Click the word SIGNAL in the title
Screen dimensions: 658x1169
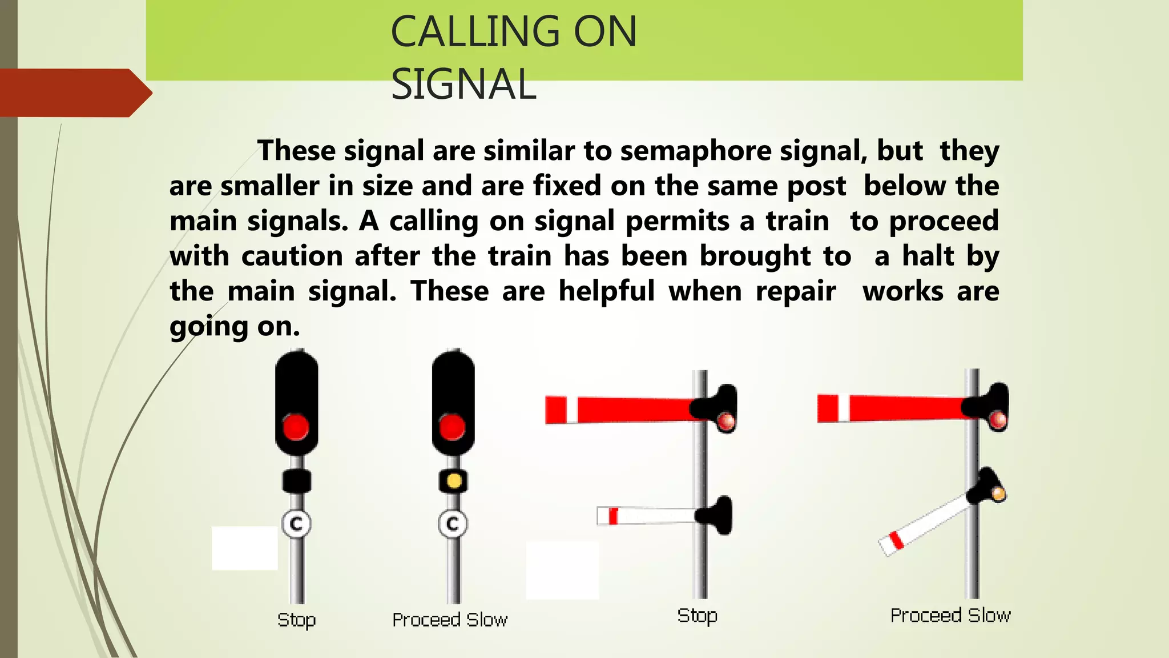pos(463,85)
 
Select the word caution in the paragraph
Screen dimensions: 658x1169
pos(292,256)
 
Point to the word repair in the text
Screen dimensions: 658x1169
pos(796,291)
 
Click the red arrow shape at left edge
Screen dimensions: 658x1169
pos(74,93)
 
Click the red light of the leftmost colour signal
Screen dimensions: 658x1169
pos(296,427)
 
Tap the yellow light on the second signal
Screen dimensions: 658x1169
pos(454,481)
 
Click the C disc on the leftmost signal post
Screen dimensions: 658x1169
pos(297,523)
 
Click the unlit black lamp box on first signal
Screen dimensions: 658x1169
pos(297,481)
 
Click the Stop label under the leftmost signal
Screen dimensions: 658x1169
pos(296,620)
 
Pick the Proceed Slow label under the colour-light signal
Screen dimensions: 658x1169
pos(450,620)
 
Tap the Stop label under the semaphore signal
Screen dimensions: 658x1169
pos(697,616)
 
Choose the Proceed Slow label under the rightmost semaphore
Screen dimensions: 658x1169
pos(950,616)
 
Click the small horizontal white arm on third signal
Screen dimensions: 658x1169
pos(648,516)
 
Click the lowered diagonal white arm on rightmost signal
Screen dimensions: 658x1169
pos(925,524)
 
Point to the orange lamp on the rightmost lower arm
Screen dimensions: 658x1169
pos(998,493)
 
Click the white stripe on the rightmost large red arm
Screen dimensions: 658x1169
pos(844,408)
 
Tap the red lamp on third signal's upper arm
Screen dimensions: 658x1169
pos(726,422)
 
